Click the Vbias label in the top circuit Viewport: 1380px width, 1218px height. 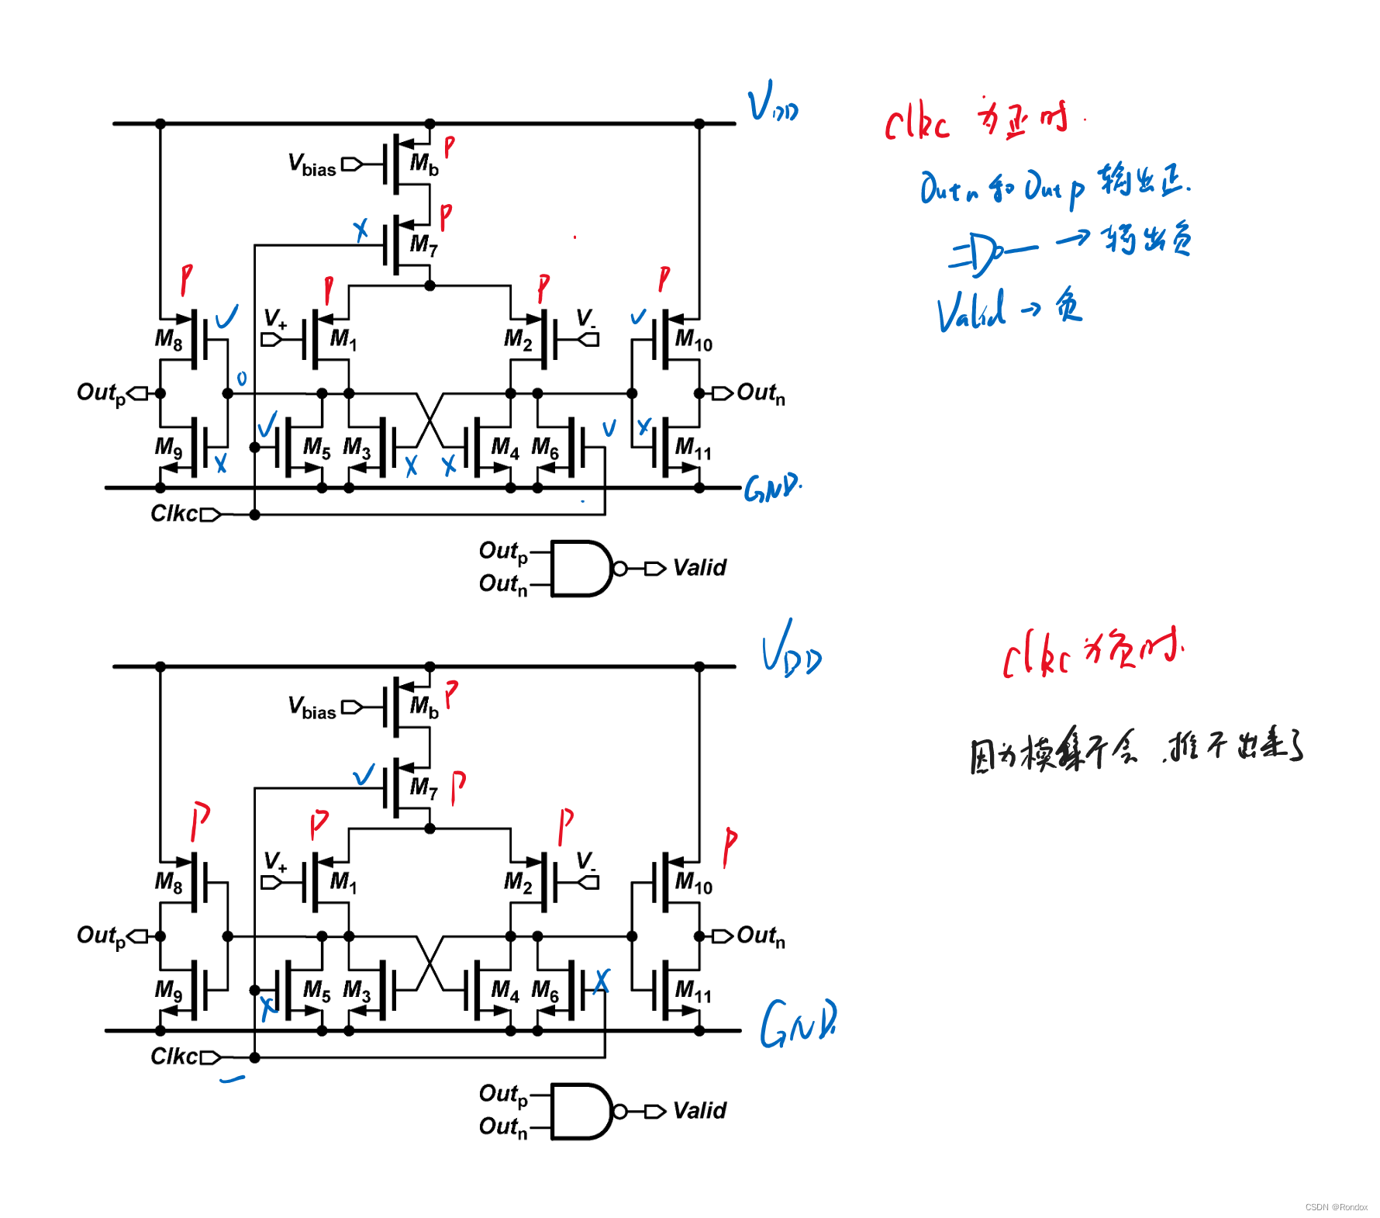coord(312,165)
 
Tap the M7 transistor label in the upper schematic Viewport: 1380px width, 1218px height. coord(423,245)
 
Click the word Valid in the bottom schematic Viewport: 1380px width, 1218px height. coord(699,1111)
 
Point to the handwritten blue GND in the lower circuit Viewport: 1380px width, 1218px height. coord(798,1024)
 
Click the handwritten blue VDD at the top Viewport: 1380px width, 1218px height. coord(772,103)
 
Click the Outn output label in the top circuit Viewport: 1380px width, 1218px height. coord(761,393)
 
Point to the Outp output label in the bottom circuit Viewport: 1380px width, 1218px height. coord(101,936)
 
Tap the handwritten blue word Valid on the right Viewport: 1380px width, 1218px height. coord(971,311)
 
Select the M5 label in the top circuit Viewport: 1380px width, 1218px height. coord(316,448)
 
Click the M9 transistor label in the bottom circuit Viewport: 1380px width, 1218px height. coord(168,990)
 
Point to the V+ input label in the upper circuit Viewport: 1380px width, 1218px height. coord(275,319)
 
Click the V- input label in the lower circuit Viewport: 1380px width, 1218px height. coord(586,862)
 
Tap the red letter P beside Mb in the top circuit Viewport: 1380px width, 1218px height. coord(449,147)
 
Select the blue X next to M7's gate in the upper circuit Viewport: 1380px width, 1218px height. coord(361,230)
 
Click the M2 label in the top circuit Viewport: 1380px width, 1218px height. coord(518,339)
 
